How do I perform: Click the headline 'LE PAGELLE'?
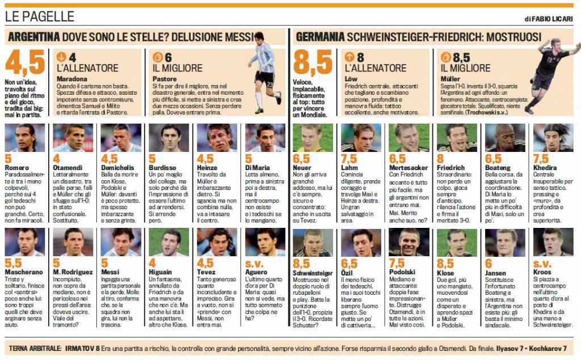(40, 17)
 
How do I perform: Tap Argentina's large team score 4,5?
(25, 63)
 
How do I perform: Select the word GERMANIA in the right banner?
(319, 37)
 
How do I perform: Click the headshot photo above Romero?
(25, 138)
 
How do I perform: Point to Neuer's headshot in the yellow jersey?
(311, 138)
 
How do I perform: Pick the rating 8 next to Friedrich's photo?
(441, 159)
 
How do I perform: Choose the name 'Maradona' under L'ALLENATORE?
(72, 79)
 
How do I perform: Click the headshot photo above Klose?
(457, 243)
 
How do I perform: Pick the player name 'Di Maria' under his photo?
(257, 168)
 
